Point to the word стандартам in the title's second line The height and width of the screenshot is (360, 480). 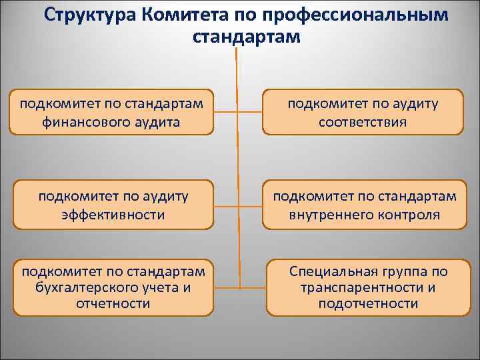point(247,36)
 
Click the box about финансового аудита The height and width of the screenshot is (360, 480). point(112,113)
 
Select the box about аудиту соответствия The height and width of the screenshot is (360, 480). point(363,113)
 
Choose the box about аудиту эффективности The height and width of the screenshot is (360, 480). point(112,205)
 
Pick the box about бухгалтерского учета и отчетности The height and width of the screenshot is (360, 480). point(112,287)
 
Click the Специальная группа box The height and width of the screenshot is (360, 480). point(368,287)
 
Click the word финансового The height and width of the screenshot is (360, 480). point(83,122)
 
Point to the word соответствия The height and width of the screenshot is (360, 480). point(363,122)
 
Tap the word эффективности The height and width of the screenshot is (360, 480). point(112,215)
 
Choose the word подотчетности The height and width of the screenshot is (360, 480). point(368,303)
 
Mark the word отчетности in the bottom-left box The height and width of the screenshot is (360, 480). point(112,303)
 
